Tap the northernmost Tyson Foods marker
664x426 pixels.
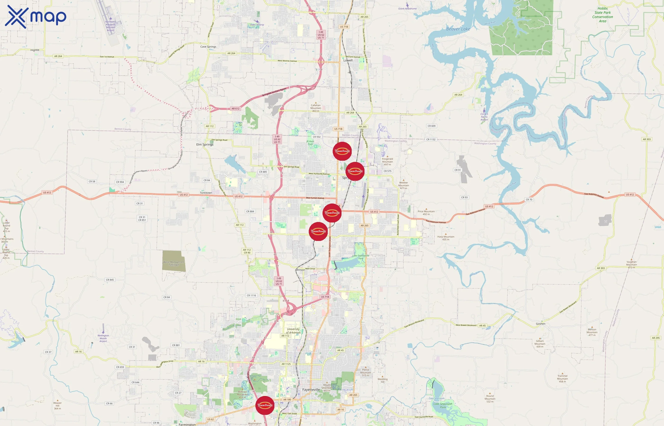pos(342,151)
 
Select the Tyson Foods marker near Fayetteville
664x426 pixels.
pos(265,405)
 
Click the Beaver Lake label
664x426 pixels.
pos(458,29)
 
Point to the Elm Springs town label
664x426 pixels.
pos(205,144)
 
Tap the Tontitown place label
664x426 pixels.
pos(206,193)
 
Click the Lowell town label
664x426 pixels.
pos(348,60)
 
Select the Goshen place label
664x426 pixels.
pos(540,324)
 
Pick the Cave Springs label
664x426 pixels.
pos(208,46)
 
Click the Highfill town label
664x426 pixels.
pos(35,50)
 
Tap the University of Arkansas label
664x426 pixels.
pos(293,331)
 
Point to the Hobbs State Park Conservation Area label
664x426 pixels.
pos(603,15)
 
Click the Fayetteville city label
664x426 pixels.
pos(311,390)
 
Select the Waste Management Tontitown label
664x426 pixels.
pos(174,263)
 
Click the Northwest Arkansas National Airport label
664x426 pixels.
pos(111,26)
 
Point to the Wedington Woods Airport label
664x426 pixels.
pos(103,338)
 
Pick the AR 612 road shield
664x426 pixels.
pos(235,109)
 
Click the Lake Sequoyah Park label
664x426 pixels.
pos(443,405)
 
